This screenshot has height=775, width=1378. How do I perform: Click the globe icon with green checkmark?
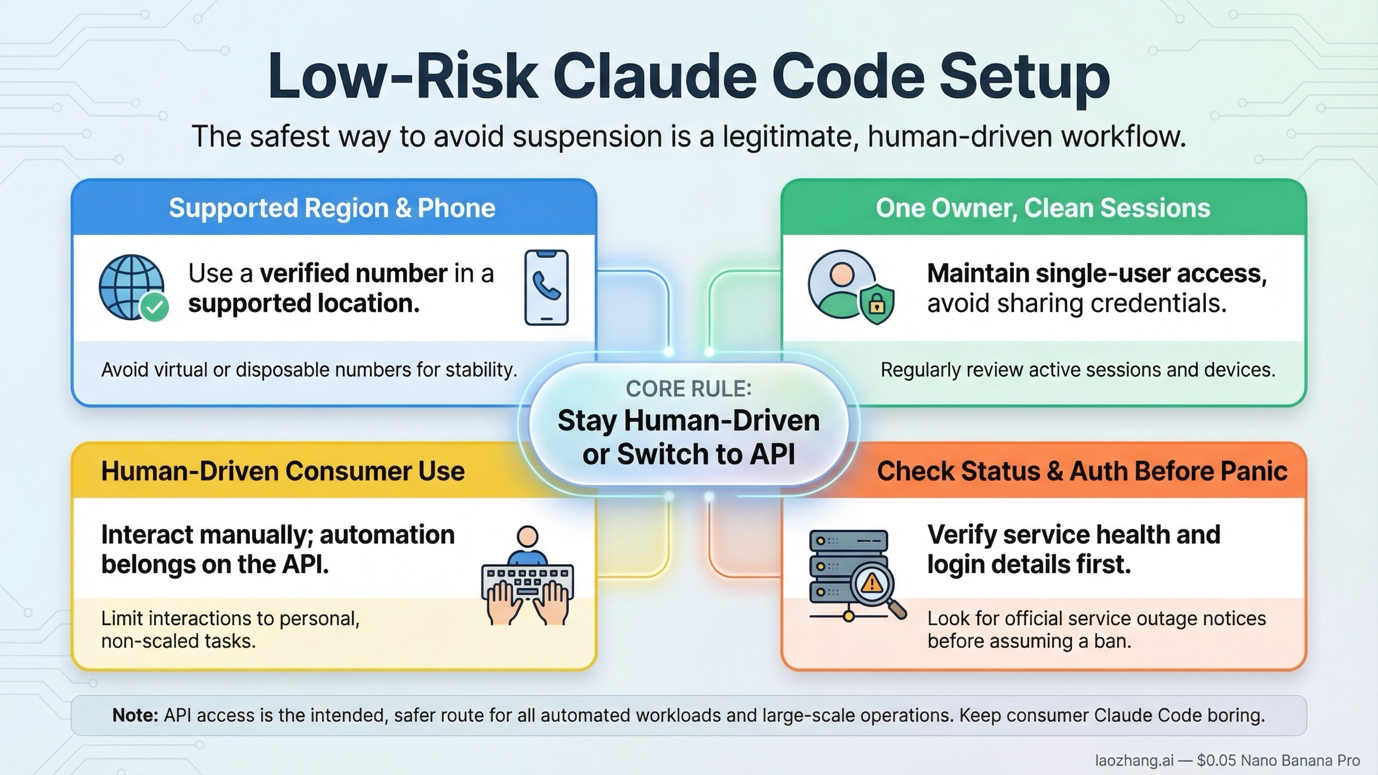pyautogui.click(x=133, y=287)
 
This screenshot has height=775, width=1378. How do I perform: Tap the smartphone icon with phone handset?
pyautogui.click(x=546, y=287)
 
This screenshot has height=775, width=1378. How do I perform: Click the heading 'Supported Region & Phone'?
pyautogui.click(x=332, y=208)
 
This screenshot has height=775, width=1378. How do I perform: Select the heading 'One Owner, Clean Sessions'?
pyautogui.click(x=1043, y=208)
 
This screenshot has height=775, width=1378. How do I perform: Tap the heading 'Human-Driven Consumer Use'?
pyautogui.click(x=282, y=471)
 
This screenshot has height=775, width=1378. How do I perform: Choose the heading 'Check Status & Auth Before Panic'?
pyautogui.click(x=1082, y=471)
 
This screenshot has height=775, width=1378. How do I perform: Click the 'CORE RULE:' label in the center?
pyautogui.click(x=688, y=389)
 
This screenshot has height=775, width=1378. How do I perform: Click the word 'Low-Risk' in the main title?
pyautogui.click(x=402, y=77)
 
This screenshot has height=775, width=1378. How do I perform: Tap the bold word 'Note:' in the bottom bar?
pyautogui.click(x=135, y=715)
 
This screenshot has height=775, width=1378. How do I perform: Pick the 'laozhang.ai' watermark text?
pyautogui.click(x=1134, y=761)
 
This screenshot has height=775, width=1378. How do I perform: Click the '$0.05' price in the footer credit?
pyautogui.click(x=1215, y=761)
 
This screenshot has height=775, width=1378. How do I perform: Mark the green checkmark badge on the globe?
pyautogui.click(x=154, y=307)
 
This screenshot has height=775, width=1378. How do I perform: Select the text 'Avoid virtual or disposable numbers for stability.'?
pyautogui.click(x=309, y=370)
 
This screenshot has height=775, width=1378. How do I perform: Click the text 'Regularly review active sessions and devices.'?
pyautogui.click(x=1078, y=370)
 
